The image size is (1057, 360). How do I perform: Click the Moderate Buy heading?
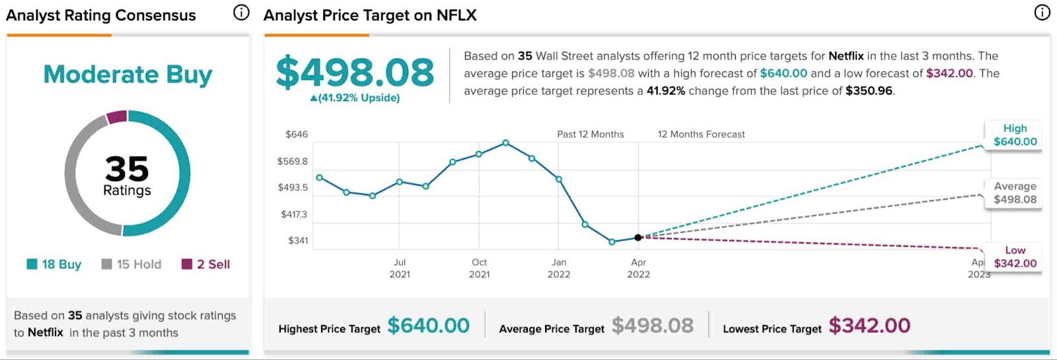128,75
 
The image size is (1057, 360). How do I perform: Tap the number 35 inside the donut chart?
127,168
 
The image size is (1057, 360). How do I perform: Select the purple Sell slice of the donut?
117,117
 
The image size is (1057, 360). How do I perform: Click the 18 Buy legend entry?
54,264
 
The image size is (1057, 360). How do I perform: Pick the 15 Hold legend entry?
131,264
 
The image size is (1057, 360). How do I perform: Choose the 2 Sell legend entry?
206,264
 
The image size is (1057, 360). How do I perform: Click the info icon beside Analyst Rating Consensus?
242,13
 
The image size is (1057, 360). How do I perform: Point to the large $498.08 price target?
355,72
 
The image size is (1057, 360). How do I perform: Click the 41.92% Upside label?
355,98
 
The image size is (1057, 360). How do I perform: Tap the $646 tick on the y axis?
297,134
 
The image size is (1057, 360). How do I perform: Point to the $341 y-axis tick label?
298,240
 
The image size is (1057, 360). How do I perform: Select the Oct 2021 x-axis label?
479,268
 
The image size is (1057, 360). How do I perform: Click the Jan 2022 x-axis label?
559,268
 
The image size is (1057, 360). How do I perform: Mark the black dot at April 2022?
638,237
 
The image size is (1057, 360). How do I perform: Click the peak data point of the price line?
505,143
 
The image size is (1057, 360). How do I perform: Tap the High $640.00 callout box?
1015,135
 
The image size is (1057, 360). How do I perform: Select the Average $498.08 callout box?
1015,193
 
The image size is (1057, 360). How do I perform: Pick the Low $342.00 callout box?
1015,257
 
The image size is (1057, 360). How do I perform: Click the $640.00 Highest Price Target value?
428,326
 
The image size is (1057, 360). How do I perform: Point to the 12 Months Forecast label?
701,134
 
